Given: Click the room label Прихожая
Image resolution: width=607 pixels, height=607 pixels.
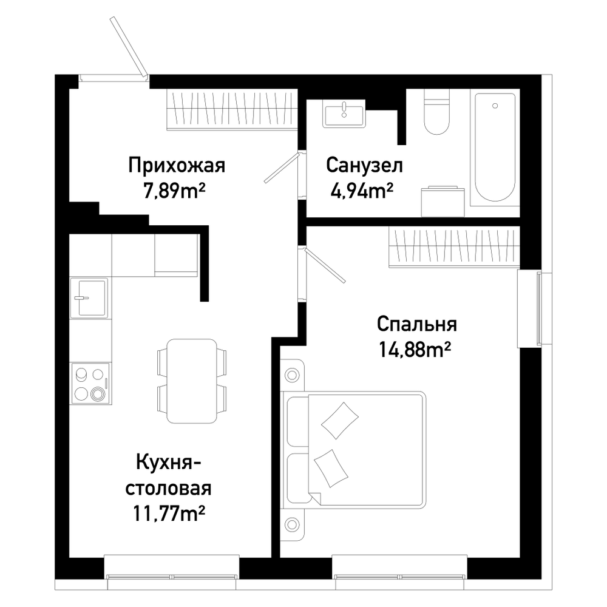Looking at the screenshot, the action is [x=177, y=165].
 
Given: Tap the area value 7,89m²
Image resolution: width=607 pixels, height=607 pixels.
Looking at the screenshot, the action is [x=174, y=191].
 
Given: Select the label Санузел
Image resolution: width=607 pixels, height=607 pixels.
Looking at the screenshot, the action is [x=364, y=165].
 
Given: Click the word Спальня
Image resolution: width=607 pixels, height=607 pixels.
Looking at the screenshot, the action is [x=416, y=324].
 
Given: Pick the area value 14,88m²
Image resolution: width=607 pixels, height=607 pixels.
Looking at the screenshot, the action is [x=415, y=350].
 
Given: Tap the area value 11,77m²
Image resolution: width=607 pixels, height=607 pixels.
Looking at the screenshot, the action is [x=169, y=514].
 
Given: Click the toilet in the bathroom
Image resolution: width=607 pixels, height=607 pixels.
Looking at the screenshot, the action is [x=437, y=112].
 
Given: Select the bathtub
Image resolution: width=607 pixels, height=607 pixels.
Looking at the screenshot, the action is [x=495, y=148].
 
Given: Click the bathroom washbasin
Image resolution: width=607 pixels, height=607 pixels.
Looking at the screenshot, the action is [x=344, y=113].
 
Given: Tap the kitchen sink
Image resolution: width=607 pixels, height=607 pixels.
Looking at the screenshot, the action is [x=89, y=297].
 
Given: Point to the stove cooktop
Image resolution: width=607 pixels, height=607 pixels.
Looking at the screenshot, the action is [x=90, y=384].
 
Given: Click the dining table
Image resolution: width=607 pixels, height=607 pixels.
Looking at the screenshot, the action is [x=192, y=381].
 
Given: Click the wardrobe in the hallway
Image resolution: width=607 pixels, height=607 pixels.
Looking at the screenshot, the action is [x=232, y=109].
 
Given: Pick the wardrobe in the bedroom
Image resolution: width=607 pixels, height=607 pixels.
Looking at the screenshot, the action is [x=453, y=247].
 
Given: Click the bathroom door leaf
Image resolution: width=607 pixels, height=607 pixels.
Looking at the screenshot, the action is [x=282, y=168].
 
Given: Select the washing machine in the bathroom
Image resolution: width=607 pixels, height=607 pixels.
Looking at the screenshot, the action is [x=443, y=202].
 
